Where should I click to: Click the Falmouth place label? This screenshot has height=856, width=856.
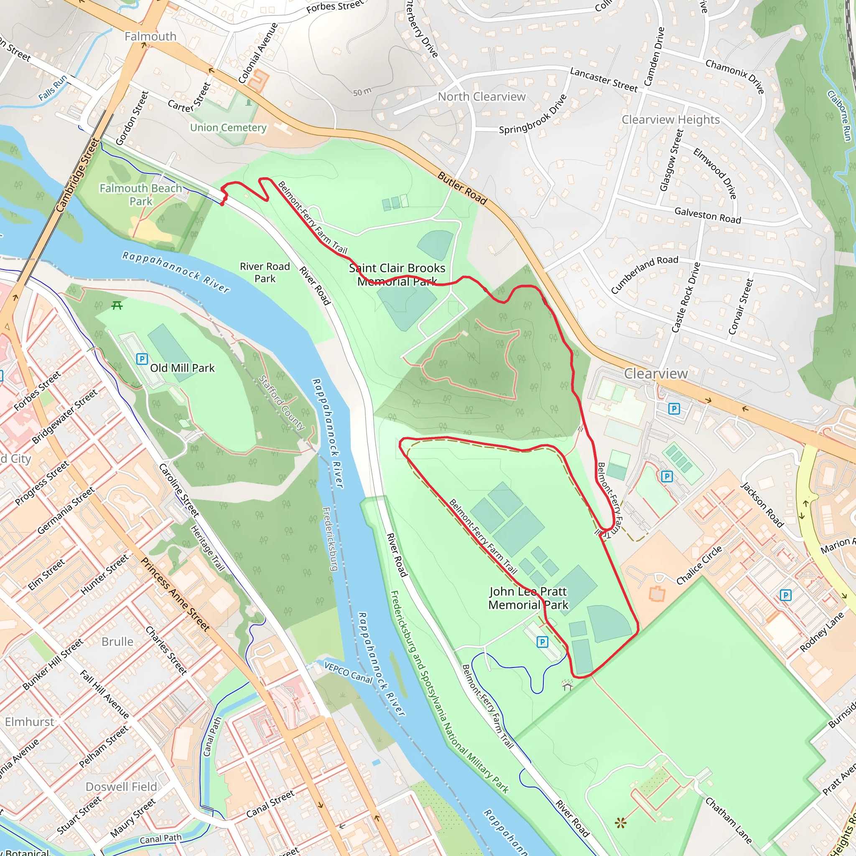coord(150,36)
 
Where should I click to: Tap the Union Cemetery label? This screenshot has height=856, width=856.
coord(228,127)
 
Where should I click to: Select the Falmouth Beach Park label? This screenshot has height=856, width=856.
coord(140,194)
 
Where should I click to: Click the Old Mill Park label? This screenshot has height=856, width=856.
coord(182,368)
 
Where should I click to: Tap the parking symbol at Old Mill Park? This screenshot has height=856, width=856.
coord(142,359)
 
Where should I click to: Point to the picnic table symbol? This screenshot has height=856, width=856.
coord(117,305)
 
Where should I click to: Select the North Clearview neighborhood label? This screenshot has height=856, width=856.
coord(481,97)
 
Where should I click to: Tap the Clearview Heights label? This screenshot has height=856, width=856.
coord(670,120)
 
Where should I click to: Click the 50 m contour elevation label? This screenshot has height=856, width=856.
coord(362,92)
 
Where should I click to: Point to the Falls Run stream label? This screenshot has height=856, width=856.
coord(53,87)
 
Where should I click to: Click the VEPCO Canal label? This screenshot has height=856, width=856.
coord(348,672)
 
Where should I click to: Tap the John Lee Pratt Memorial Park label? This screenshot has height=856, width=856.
coord(528,598)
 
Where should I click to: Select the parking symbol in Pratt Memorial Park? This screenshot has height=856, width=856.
coord(542,642)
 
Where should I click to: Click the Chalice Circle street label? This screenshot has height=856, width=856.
coord(699,565)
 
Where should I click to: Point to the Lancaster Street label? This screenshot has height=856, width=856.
coord(604,79)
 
